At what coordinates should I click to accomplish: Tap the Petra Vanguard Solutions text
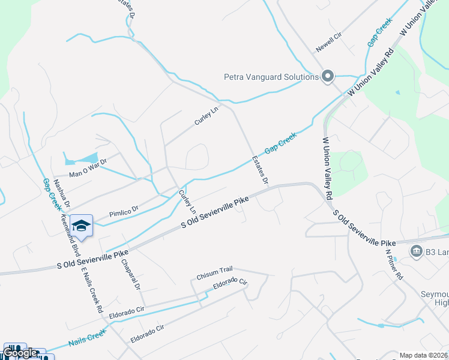point(271,77)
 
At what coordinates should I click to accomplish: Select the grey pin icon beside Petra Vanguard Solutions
point(328,76)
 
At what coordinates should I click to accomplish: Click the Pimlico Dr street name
point(124,211)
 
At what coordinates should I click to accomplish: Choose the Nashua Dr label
point(62,193)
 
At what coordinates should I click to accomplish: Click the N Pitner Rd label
point(394,263)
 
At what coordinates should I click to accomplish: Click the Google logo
point(20,353)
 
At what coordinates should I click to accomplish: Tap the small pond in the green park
point(397,93)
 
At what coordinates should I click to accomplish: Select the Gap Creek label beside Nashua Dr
point(51,194)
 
